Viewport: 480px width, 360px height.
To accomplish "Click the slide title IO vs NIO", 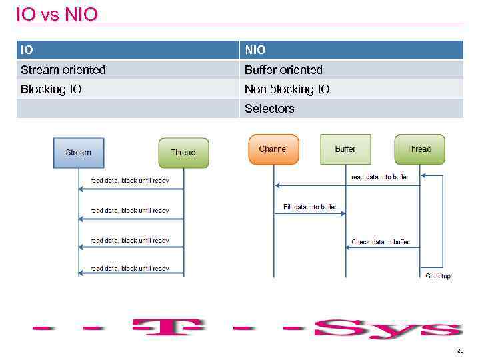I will (x=57, y=14).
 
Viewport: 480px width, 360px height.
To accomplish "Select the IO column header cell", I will (x=127, y=50).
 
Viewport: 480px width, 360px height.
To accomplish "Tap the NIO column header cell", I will (x=351, y=50).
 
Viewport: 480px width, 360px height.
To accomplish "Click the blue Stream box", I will (x=79, y=153).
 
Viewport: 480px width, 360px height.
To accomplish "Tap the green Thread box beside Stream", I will (x=183, y=153).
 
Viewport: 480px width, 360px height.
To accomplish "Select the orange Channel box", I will (x=273, y=149).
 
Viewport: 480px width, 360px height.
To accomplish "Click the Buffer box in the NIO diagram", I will (x=345, y=149).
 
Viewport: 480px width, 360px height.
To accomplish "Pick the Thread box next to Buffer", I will (x=419, y=149).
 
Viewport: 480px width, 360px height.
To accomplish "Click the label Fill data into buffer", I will (x=309, y=207).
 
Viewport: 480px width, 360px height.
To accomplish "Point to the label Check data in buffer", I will (x=380, y=242).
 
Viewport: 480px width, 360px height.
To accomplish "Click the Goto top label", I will (x=438, y=275).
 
